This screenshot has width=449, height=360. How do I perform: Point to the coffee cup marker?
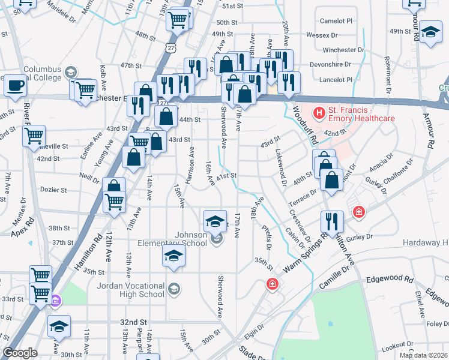click(x=15, y=85)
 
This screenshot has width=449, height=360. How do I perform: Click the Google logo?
click(x=20, y=353)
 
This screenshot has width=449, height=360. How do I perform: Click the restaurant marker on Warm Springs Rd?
click(x=332, y=221)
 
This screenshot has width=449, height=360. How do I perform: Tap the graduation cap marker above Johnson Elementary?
click(x=215, y=221)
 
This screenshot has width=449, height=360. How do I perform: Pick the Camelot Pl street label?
click(x=337, y=20)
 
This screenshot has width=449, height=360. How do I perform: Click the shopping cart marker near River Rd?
click(x=34, y=135)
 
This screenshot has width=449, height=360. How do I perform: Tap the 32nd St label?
click(x=133, y=322)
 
